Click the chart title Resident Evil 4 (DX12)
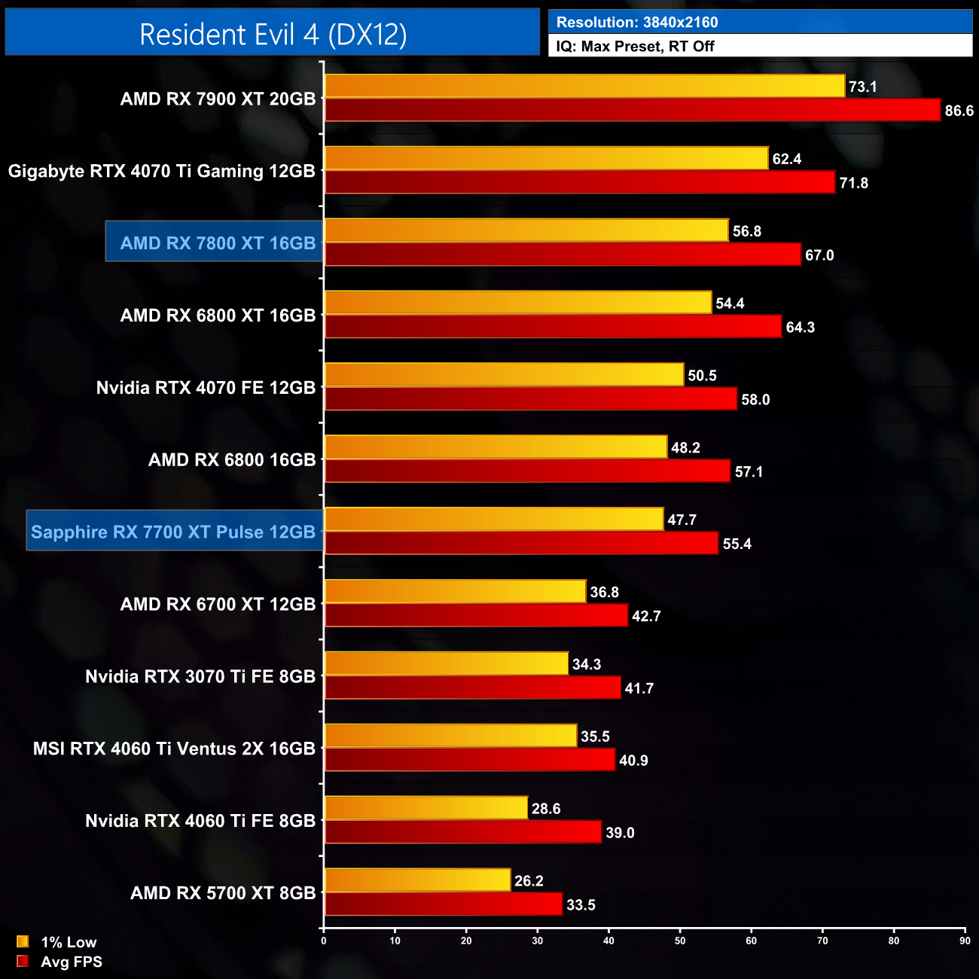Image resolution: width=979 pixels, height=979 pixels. (x=273, y=35)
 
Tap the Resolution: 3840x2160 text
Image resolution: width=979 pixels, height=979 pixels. (x=636, y=23)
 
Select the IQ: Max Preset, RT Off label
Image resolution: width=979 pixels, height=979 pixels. (x=635, y=46)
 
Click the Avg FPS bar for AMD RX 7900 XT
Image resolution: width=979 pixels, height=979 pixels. (x=633, y=110)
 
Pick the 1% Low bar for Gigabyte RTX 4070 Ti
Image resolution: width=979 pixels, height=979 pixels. (x=546, y=158)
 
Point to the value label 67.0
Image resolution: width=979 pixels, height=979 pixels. (x=819, y=255)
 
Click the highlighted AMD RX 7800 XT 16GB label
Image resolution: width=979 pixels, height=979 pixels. (x=217, y=242)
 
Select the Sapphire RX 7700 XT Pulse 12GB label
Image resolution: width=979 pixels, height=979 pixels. (x=173, y=532)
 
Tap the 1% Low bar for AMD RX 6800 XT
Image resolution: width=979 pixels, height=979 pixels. (x=518, y=303)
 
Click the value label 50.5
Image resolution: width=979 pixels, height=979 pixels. (x=702, y=376)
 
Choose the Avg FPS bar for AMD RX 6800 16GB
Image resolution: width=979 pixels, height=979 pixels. (x=527, y=471)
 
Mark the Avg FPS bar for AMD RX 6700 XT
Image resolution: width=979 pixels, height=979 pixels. (x=476, y=616)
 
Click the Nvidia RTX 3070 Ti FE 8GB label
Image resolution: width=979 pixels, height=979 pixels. (x=200, y=676)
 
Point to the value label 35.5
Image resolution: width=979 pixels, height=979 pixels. (x=595, y=737)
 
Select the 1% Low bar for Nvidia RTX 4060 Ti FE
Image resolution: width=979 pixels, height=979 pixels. (x=426, y=808)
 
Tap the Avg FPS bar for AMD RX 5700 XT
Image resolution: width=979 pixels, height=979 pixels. (x=444, y=904)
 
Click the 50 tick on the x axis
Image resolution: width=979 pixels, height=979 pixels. (x=680, y=941)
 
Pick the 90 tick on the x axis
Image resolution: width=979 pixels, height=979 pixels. (x=965, y=941)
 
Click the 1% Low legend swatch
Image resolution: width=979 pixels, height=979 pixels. (x=23, y=941)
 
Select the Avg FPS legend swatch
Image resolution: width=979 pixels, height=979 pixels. (x=23, y=961)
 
